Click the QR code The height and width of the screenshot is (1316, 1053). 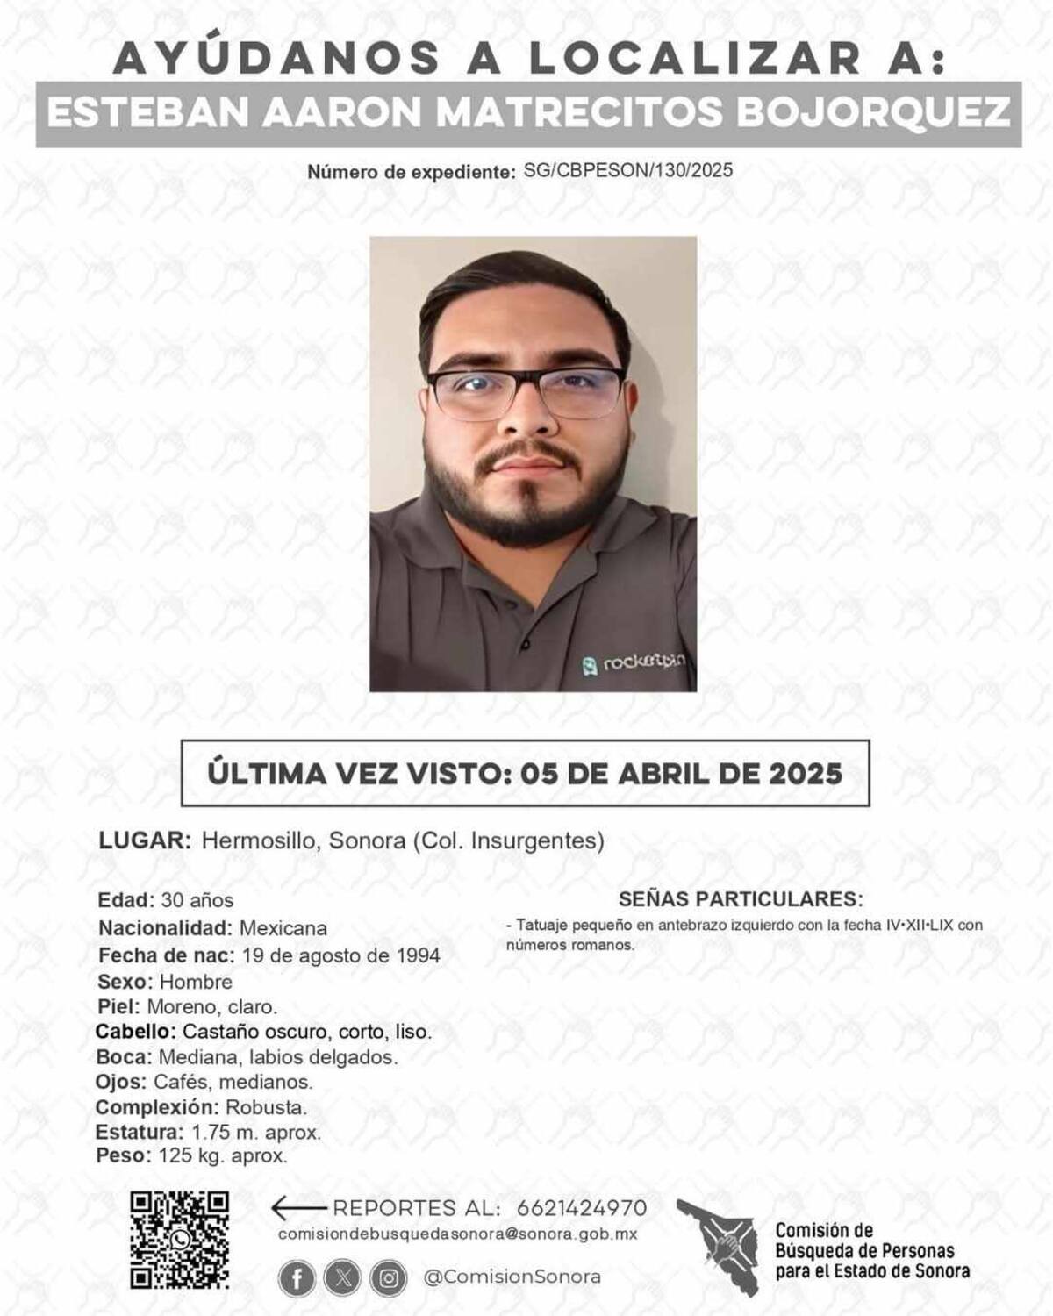(x=179, y=1240)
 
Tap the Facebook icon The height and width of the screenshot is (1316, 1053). (x=297, y=1278)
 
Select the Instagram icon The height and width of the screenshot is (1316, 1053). (x=388, y=1278)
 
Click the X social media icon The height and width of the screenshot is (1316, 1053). (x=342, y=1278)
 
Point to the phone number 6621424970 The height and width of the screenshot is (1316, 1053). (x=583, y=1208)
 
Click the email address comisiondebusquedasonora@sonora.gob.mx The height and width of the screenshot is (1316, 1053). (x=457, y=1234)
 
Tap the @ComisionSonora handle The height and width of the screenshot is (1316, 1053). (x=512, y=1277)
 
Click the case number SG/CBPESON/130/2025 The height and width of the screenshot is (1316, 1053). (x=627, y=170)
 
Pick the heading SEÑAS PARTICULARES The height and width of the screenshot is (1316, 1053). (x=741, y=899)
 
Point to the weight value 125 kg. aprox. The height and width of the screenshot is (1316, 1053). (x=223, y=1156)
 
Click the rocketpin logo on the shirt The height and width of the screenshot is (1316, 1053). (x=634, y=664)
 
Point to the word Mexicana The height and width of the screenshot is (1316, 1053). (x=283, y=928)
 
